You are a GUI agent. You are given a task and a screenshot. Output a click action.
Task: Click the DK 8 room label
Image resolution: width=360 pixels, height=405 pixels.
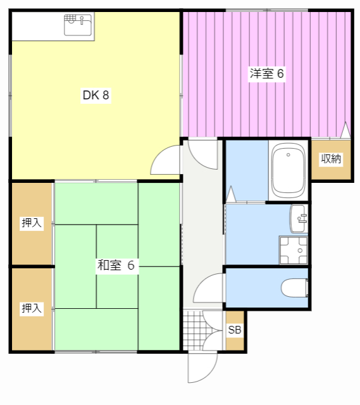point(96,96)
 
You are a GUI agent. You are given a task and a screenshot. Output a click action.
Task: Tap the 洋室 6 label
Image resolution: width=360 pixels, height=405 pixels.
point(267,74)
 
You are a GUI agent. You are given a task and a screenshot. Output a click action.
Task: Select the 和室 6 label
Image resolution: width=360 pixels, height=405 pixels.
point(116,265)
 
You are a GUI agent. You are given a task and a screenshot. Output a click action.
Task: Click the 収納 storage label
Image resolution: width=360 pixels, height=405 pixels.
point(331,159)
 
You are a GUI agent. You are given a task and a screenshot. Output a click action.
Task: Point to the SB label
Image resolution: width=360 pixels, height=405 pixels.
point(235,330)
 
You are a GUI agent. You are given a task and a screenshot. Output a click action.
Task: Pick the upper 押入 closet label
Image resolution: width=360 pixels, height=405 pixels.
point(32,223)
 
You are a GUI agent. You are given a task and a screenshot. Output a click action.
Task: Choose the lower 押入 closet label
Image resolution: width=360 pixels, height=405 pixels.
point(32,308)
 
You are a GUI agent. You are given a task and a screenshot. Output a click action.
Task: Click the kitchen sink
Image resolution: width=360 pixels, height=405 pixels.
point(78,25)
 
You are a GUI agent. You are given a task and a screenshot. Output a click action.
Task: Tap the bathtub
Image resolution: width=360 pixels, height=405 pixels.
point(289,170)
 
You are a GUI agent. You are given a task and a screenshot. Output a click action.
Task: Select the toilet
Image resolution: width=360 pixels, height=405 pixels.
point(295,288)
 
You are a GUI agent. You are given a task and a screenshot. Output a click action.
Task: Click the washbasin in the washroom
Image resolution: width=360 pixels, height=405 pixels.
point(299,219)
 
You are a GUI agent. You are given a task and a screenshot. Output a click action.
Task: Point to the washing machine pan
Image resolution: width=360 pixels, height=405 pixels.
point(294,250)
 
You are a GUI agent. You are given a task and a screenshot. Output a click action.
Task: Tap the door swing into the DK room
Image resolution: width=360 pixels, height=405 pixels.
point(165,159)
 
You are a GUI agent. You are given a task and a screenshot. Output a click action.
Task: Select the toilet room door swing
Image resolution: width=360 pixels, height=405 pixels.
point(208,288)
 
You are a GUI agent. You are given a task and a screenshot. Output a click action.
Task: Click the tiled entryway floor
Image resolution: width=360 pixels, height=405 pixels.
point(193,330)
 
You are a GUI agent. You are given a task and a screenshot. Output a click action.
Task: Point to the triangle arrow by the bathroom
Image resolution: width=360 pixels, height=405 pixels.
point(231,194)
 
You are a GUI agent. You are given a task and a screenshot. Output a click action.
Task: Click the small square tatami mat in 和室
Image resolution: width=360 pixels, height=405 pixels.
point(117,266)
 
